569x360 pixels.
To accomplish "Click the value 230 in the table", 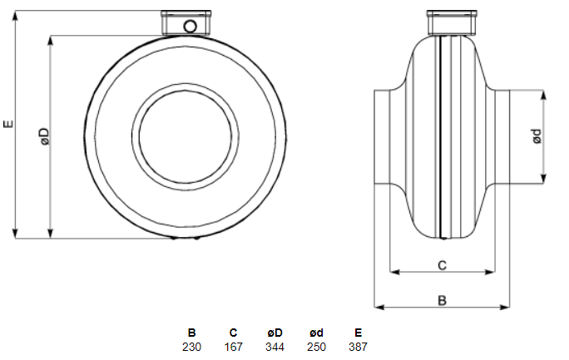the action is point(191,347).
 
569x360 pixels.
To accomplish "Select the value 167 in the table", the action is point(233,347).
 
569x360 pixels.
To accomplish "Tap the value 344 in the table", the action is point(275,347).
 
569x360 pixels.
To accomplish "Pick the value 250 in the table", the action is point(316,347).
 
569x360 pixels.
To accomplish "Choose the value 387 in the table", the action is point(358,347).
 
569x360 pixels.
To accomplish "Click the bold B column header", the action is point(191,333).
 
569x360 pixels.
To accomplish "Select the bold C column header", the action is point(233,333).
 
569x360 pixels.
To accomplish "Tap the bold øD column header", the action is point(275,333).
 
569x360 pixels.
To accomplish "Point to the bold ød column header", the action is point(316,333).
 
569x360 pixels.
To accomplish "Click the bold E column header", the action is point(359,333).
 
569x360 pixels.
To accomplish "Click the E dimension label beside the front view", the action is point(8,124).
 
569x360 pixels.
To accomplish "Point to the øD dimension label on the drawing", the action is point(44,136).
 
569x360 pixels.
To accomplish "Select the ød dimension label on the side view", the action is point(537,136).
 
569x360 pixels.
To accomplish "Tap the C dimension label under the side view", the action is point(442,265).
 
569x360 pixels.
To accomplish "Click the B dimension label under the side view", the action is point(442,300).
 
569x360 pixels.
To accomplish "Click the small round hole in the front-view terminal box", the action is point(190,27).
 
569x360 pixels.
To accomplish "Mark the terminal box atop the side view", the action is point(452,22).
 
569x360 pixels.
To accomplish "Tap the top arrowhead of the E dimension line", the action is point(15,16).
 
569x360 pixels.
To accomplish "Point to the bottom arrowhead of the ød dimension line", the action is point(543,179).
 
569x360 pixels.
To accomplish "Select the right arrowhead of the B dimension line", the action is point(505,308).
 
